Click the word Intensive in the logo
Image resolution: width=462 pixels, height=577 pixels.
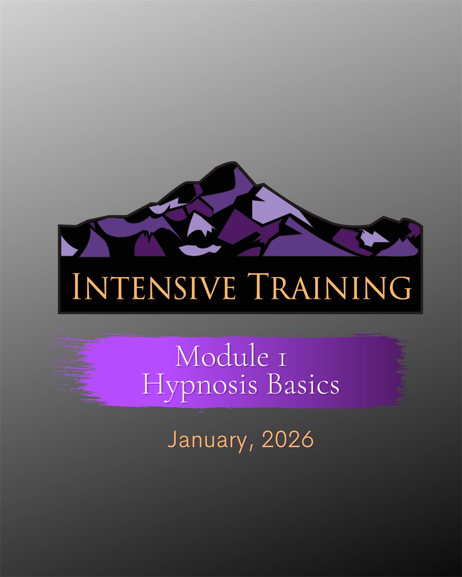tap(154, 286)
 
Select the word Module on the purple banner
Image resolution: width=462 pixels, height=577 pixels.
tap(222, 356)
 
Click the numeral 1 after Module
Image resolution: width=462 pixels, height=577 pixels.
tap(282, 360)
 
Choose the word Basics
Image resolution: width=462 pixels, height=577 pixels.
tap(304, 384)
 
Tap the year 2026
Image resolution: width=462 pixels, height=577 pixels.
tap(287, 439)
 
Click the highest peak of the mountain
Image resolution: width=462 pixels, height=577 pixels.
tap(234, 163)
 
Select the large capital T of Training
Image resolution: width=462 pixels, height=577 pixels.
tap(258, 286)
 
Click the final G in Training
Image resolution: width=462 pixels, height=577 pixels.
tap(401, 288)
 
